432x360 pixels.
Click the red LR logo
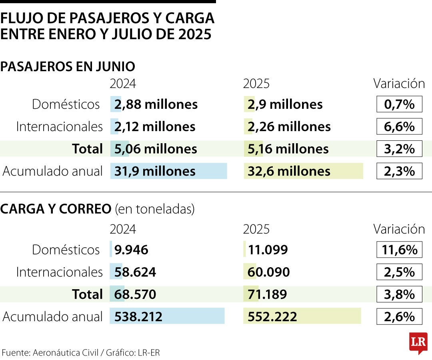418,342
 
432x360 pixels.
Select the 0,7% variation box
399,104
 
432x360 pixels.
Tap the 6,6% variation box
399,127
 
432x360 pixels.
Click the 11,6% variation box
399,250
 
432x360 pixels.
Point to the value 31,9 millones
155,171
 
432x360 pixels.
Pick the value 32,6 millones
289,171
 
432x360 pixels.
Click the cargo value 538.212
138,317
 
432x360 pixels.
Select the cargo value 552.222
272,317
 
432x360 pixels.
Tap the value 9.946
131,250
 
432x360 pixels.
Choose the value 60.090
269,272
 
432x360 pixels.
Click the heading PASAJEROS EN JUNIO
68,66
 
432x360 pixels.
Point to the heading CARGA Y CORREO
56,209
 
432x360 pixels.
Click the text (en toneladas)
154,209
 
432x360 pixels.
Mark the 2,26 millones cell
289,127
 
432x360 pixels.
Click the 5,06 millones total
156,149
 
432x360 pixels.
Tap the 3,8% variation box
399,295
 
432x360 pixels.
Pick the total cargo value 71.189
267,295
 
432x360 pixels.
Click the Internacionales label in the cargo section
59,272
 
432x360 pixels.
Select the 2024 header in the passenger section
123,84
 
